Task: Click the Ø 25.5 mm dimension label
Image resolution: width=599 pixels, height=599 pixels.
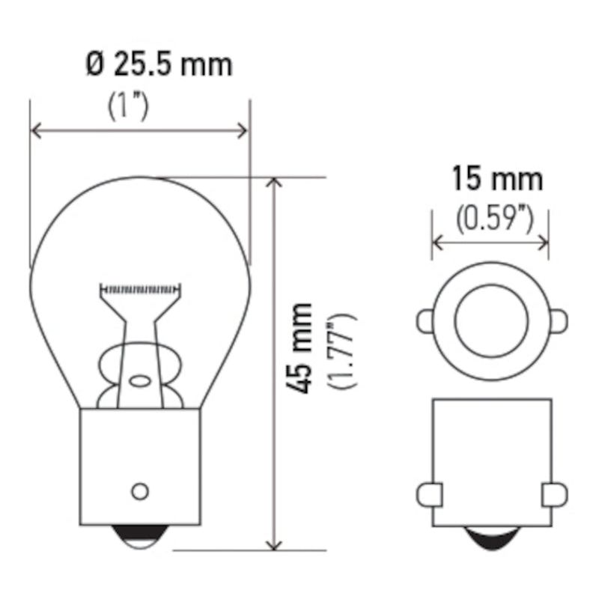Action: pos(159,64)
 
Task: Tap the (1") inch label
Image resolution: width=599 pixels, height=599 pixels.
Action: pos(129,105)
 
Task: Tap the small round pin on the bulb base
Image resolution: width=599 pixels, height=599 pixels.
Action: pos(139,491)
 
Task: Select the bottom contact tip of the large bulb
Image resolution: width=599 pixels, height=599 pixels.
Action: pos(139,533)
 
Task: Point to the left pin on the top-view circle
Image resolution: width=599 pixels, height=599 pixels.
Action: pos(425,321)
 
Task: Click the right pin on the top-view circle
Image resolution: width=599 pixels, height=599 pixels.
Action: pos(559,321)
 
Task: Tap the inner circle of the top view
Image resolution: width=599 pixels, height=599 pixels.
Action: pos(491,320)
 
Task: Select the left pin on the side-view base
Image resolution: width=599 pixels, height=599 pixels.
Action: pos(428,494)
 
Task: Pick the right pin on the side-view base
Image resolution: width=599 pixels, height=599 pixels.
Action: pos(555,494)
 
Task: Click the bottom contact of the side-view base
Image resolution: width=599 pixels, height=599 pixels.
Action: pos(490,536)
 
